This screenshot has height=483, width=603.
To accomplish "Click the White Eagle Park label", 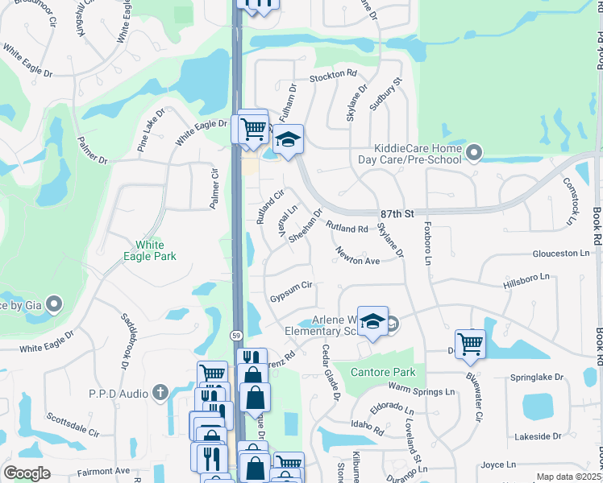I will [x=156, y=250].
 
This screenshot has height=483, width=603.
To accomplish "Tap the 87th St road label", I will [x=397, y=214].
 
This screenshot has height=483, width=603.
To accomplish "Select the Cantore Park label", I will [x=383, y=372].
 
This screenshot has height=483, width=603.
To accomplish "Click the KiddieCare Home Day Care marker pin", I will [x=474, y=151].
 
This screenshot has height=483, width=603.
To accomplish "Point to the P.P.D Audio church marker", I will [x=160, y=393].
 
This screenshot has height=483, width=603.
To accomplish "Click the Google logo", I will [x=27, y=473].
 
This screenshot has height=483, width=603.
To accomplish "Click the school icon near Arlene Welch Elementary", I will [x=372, y=321].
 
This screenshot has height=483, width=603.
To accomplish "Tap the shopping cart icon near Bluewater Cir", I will [x=470, y=344].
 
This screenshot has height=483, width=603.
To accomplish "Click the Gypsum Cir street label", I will [x=291, y=287].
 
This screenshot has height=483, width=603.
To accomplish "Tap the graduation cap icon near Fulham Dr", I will [x=288, y=140].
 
